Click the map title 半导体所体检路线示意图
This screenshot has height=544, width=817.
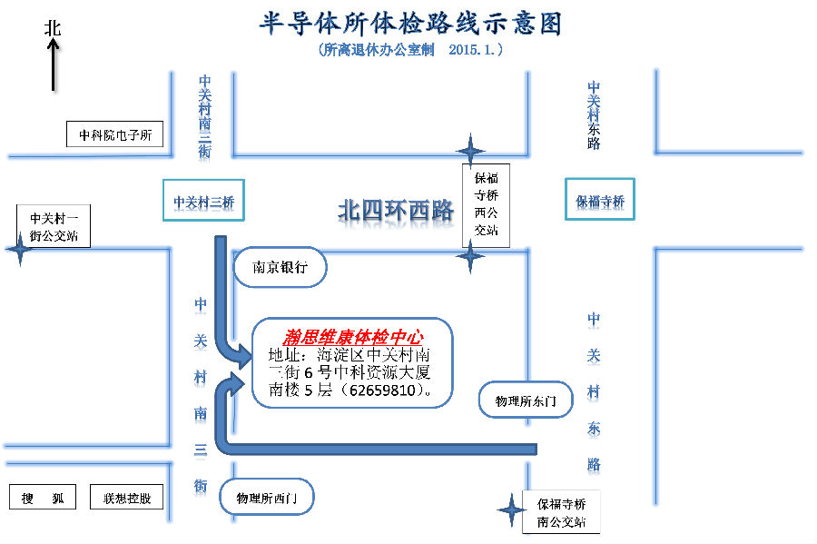pyautogui.click(x=410, y=23)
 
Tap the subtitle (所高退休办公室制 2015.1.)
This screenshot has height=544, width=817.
pyautogui.click(x=411, y=51)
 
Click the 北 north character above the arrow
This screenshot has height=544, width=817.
pyautogui.click(x=53, y=28)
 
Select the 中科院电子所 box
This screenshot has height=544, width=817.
pyautogui.click(x=114, y=135)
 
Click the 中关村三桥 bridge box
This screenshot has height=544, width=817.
pyautogui.click(x=203, y=201)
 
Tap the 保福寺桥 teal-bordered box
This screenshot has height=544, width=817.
pyautogui.click(x=599, y=201)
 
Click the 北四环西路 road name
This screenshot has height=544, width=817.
pyautogui.click(x=396, y=212)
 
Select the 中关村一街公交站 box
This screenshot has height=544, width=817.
pyautogui.click(x=54, y=227)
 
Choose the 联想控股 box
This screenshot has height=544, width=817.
pyautogui.click(x=127, y=498)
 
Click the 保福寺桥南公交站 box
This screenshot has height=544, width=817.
pyautogui.click(x=561, y=512)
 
